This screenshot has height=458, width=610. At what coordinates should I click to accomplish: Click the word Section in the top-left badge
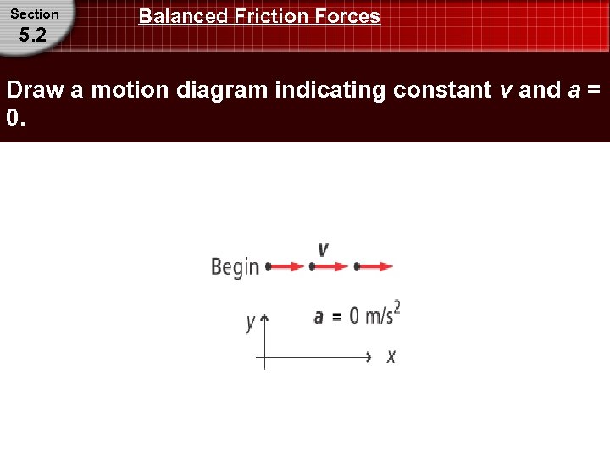click(35, 14)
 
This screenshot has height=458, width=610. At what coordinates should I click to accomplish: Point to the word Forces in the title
click(347, 16)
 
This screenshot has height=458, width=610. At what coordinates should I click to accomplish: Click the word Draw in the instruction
click(36, 90)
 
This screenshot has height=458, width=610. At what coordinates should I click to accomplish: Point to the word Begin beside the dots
click(235, 267)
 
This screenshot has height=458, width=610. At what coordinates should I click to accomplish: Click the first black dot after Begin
click(269, 266)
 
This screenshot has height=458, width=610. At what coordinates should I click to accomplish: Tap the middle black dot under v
click(313, 266)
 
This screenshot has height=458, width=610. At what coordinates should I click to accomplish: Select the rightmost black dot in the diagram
click(357, 266)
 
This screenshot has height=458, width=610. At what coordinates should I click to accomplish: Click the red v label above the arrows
click(323, 249)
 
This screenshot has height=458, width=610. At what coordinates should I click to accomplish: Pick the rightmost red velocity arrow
click(376, 266)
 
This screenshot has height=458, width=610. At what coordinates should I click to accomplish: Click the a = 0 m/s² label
click(356, 315)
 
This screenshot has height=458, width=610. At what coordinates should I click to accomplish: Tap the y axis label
click(251, 322)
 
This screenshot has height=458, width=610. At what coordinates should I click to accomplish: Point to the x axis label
click(391, 357)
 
